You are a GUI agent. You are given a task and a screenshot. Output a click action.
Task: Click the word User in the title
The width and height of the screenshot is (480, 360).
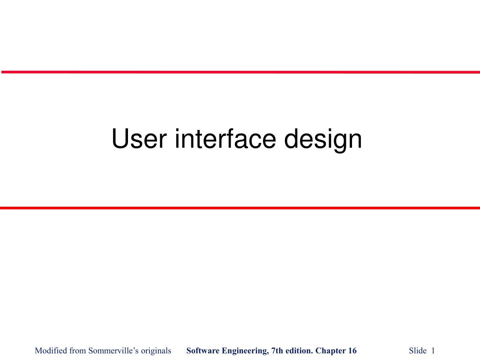[139, 138]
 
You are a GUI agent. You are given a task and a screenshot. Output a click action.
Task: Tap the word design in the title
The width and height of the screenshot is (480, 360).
[323, 140]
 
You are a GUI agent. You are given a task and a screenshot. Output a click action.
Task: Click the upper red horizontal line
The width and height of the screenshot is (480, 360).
[240, 72]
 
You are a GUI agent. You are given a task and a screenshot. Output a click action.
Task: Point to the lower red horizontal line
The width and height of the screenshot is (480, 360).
[240, 208]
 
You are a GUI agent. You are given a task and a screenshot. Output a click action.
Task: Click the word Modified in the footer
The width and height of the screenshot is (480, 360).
[51, 351]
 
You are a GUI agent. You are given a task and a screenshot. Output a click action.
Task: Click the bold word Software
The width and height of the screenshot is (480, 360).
[202, 351]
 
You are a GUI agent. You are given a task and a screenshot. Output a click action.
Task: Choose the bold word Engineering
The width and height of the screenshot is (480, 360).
[245, 351]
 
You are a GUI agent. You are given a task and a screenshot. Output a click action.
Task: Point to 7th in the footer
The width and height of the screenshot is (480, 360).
[277, 351]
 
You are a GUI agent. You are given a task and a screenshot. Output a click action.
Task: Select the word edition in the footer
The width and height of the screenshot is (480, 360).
[299, 351]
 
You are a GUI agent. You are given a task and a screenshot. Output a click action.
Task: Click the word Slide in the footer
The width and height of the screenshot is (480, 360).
[418, 351]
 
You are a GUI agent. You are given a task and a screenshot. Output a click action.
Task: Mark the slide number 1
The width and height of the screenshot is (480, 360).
[433, 351]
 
